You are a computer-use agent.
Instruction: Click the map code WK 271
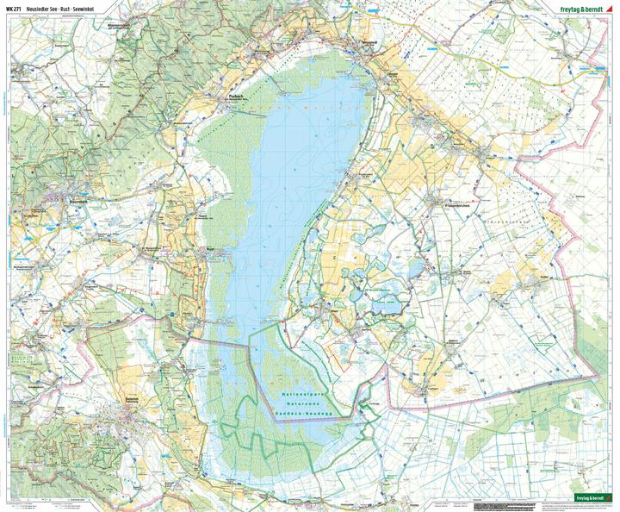[14, 9]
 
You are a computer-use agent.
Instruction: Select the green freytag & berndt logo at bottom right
[595, 498]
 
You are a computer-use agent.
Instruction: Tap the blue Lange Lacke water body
[387, 284]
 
